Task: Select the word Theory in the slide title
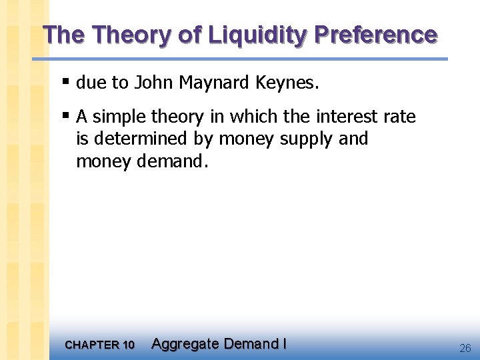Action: (x=134, y=35)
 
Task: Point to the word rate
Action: (x=401, y=117)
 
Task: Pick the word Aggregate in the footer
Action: (x=185, y=344)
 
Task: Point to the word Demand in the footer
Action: (x=251, y=344)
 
